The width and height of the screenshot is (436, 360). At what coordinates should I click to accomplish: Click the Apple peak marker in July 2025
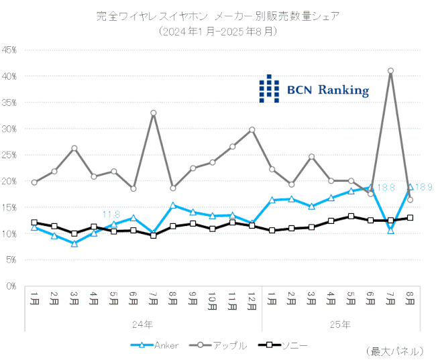[x=390, y=70]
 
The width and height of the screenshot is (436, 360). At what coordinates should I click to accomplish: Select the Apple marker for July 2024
[x=153, y=113]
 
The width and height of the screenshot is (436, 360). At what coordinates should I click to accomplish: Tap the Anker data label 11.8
[x=111, y=215]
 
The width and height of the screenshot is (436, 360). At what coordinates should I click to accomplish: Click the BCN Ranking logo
[x=314, y=88]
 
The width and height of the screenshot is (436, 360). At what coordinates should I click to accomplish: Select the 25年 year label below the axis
[x=340, y=324]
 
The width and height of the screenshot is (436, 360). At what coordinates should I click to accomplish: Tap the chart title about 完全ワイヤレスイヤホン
[x=217, y=16]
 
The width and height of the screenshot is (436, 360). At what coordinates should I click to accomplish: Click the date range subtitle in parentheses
[x=217, y=32]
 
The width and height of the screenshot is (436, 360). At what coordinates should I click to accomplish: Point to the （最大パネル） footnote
[x=396, y=351]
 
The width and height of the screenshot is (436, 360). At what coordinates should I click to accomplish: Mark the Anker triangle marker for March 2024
[x=74, y=243]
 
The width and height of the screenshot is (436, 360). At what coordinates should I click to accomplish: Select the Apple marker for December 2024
[x=252, y=129]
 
